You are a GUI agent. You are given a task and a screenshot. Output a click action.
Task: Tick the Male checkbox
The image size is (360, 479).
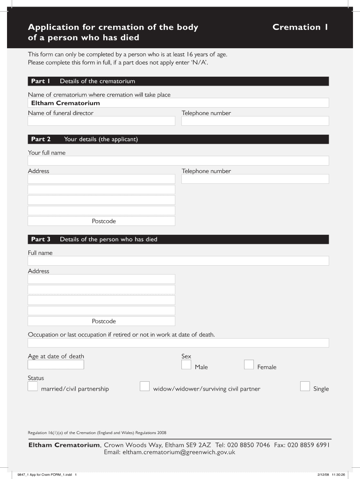186,365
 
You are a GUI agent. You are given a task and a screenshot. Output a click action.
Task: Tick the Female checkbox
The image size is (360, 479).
249,365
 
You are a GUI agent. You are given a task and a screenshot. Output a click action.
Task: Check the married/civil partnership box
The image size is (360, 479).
33,386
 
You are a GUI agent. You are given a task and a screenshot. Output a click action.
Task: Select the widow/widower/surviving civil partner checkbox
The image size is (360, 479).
145,386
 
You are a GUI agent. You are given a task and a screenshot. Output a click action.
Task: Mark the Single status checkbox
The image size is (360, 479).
305,386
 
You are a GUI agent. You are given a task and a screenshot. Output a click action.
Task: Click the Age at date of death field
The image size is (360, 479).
56,365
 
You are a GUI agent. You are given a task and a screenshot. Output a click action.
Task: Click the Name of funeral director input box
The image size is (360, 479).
101,121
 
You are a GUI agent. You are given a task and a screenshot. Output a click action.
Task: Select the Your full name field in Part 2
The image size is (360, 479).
178,161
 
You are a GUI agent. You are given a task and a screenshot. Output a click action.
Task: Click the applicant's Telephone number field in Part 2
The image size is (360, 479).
255,179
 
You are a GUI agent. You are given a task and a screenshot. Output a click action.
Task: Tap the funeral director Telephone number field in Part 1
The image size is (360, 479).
255,121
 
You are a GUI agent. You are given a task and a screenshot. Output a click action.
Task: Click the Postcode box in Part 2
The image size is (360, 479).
101,221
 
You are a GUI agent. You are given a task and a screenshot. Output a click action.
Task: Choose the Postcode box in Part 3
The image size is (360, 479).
101,321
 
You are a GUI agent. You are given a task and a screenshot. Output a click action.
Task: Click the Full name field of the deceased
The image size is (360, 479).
178,261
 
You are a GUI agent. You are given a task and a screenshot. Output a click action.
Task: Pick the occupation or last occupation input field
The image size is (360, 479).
178,343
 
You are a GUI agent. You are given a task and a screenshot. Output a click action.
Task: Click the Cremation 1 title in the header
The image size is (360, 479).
300,27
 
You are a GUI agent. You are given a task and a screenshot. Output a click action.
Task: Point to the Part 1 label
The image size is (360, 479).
41,81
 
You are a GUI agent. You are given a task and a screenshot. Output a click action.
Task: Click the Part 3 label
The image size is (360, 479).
41,239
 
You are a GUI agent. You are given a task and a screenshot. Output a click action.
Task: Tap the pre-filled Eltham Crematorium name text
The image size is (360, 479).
65,103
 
